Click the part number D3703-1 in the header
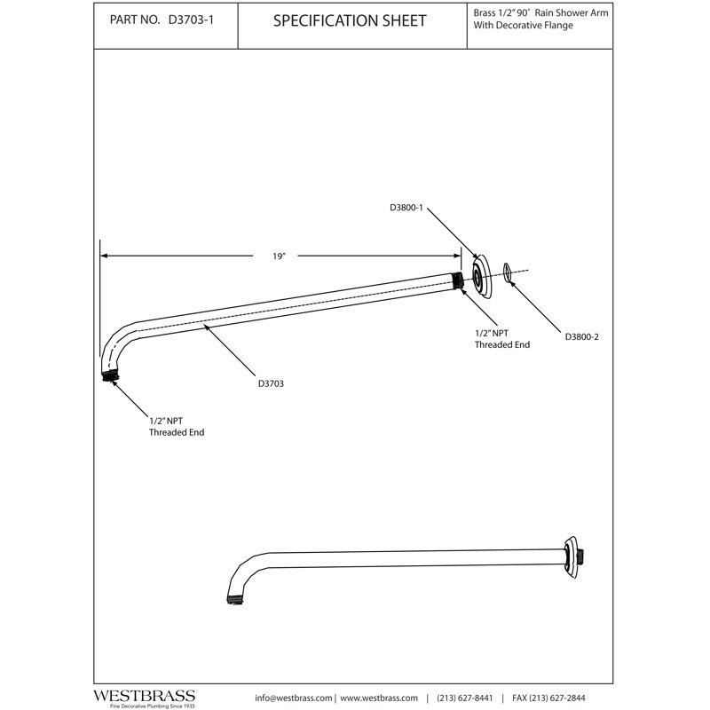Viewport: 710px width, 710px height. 191,20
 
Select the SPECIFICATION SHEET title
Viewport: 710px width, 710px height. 350,20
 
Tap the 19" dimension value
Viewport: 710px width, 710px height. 279,256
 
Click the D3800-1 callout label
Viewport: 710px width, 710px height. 406,208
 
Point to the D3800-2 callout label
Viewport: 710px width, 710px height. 582,337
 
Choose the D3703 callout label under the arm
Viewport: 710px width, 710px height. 271,383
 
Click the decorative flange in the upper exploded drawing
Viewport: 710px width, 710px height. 481,277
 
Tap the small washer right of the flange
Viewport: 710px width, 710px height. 508,272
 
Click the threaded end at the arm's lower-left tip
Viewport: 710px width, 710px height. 110,375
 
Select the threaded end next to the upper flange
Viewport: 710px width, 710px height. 458,280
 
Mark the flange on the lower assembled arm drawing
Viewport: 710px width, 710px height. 572,558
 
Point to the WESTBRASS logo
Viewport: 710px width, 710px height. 145,696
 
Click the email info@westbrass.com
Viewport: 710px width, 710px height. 294,698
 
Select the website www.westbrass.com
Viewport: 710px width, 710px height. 379,698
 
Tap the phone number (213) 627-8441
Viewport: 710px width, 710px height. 464,698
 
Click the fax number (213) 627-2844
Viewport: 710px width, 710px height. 557,698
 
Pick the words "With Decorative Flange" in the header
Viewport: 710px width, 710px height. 523,26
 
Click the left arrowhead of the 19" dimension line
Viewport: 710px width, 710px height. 104,256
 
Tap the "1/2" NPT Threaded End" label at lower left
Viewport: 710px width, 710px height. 177,427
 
